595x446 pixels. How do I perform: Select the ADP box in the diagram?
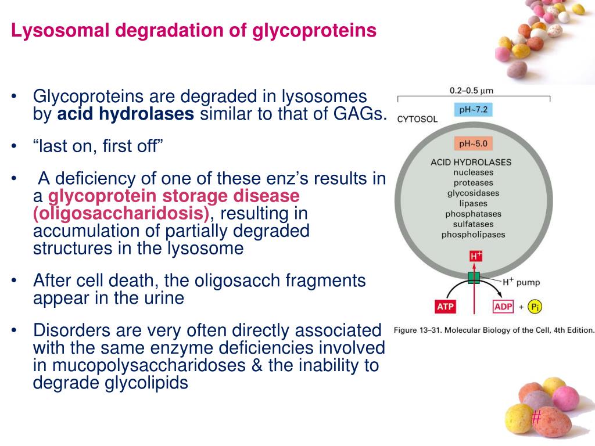click(x=503, y=307)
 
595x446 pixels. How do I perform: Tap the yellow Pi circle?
click(x=535, y=307)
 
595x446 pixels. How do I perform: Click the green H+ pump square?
click(x=474, y=278)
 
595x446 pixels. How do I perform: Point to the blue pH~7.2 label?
click(x=472, y=110)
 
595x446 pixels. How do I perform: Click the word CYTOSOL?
click(x=417, y=120)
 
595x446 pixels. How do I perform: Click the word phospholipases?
click(x=473, y=235)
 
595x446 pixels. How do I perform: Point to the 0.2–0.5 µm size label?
click(x=472, y=91)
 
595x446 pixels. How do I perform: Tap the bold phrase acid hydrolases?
click(x=126, y=114)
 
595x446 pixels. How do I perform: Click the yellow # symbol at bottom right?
click(x=536, y=416)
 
